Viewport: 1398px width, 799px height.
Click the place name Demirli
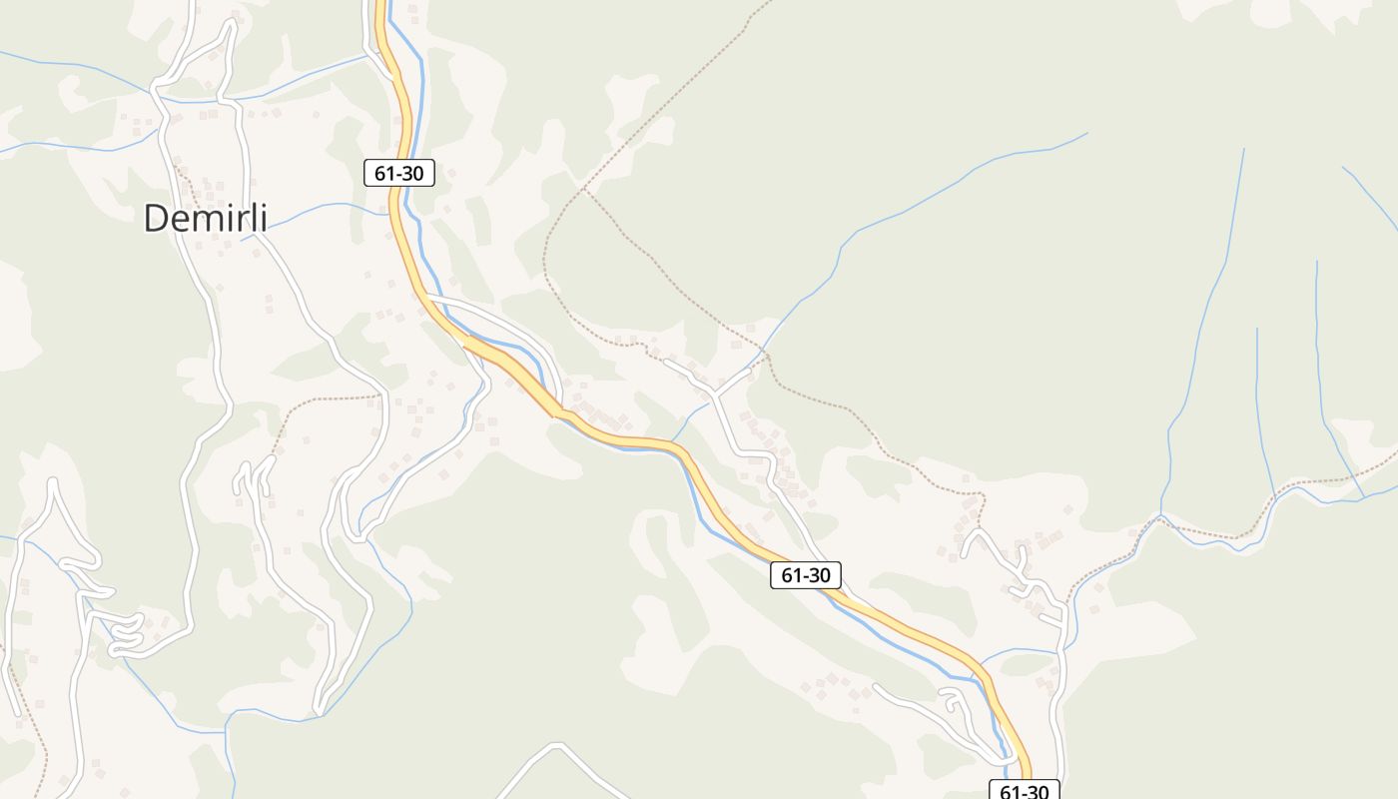[x=206, y=218]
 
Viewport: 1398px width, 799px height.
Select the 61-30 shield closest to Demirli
[x=399, y=173]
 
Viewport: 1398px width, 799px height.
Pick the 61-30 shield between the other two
[x=806, y=575]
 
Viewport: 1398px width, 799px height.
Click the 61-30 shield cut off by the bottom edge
[x=1024, y=790]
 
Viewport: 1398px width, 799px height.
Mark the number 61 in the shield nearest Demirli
[x=385, y=173]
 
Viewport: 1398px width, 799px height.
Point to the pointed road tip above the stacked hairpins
[x=52, y=483]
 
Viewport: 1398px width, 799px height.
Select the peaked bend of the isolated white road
[x=557, y=745]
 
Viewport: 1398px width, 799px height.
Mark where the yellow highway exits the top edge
[x=380, y=4]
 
